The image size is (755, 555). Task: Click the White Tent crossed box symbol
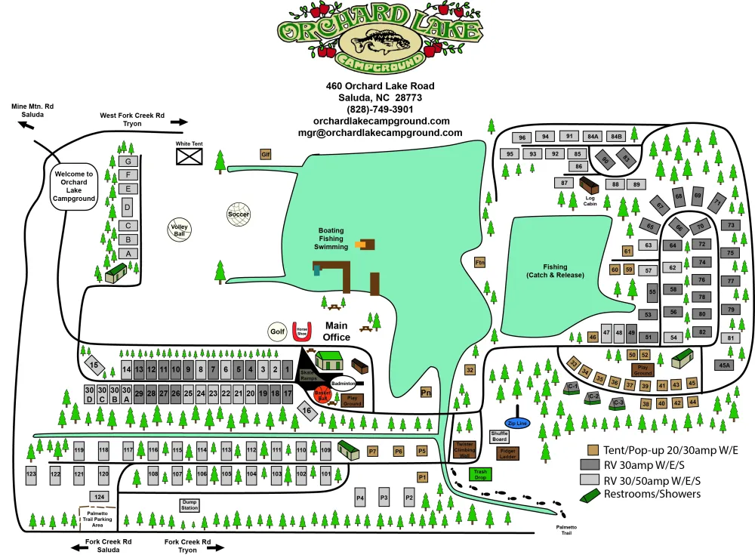[x=189, y=156]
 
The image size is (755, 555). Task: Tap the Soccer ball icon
[x=238, y=214]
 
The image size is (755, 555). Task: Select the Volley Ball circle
[x=179, y=230]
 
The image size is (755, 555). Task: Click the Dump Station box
[x=190, y=505]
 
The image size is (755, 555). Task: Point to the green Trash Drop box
[x=479, y=474]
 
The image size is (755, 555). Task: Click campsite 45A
[x=725, y=365]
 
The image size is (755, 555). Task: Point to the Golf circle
[x=278, y=331]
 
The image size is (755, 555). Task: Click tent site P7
[x=372, y=451]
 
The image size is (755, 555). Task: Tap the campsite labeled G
[x=128, y=162]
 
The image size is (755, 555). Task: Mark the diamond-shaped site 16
[x=307, y=411]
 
